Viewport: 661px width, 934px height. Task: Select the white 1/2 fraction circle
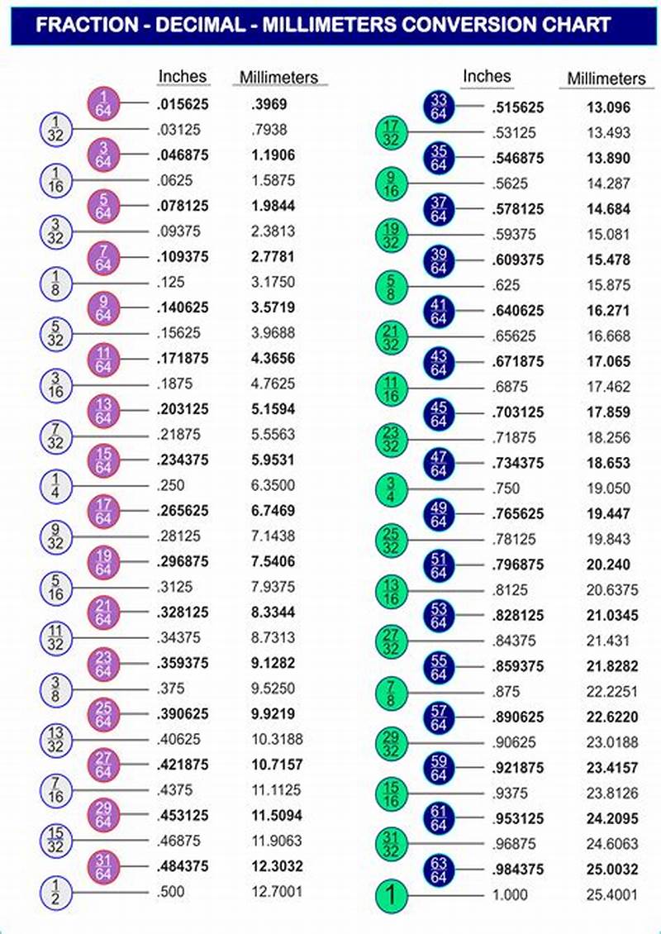[x=56, y=893]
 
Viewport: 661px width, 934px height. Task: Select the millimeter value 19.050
[x=608, y=488]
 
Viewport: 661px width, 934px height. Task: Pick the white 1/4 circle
[x=56, y=486]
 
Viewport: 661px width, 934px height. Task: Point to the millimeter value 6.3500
[x=273, y=485]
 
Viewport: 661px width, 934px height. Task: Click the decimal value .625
[x=506, y=285]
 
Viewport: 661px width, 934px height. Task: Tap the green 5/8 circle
[x=392, y=286]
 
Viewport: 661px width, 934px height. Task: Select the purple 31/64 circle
[x=104, y=867]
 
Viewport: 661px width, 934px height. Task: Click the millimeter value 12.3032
[x=277, y=866]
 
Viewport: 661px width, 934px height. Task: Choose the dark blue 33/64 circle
[x=439, y=107]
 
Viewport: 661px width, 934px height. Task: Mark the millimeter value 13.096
[x=608, y=107]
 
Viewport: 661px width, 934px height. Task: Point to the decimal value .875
[x=506, y=692]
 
